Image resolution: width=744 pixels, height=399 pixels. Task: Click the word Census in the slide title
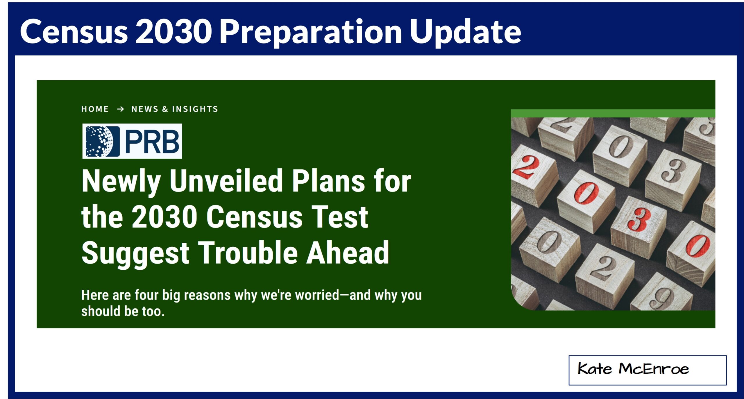coord(74,31)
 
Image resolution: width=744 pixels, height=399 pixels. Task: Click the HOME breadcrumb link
coord(95,109)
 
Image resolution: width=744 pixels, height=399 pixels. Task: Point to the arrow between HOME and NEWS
coord(120,109)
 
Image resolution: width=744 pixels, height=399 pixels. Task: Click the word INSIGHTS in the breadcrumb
coord(195,109)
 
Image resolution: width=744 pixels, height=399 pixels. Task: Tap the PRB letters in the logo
coord(152,142)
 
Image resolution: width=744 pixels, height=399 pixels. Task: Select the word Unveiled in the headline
coord(226,181)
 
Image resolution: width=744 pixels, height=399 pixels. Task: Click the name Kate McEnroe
coord(633,369)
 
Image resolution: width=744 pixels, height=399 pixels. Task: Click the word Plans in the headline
coord(328,181)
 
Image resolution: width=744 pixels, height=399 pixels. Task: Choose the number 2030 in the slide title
coord(174,31)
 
